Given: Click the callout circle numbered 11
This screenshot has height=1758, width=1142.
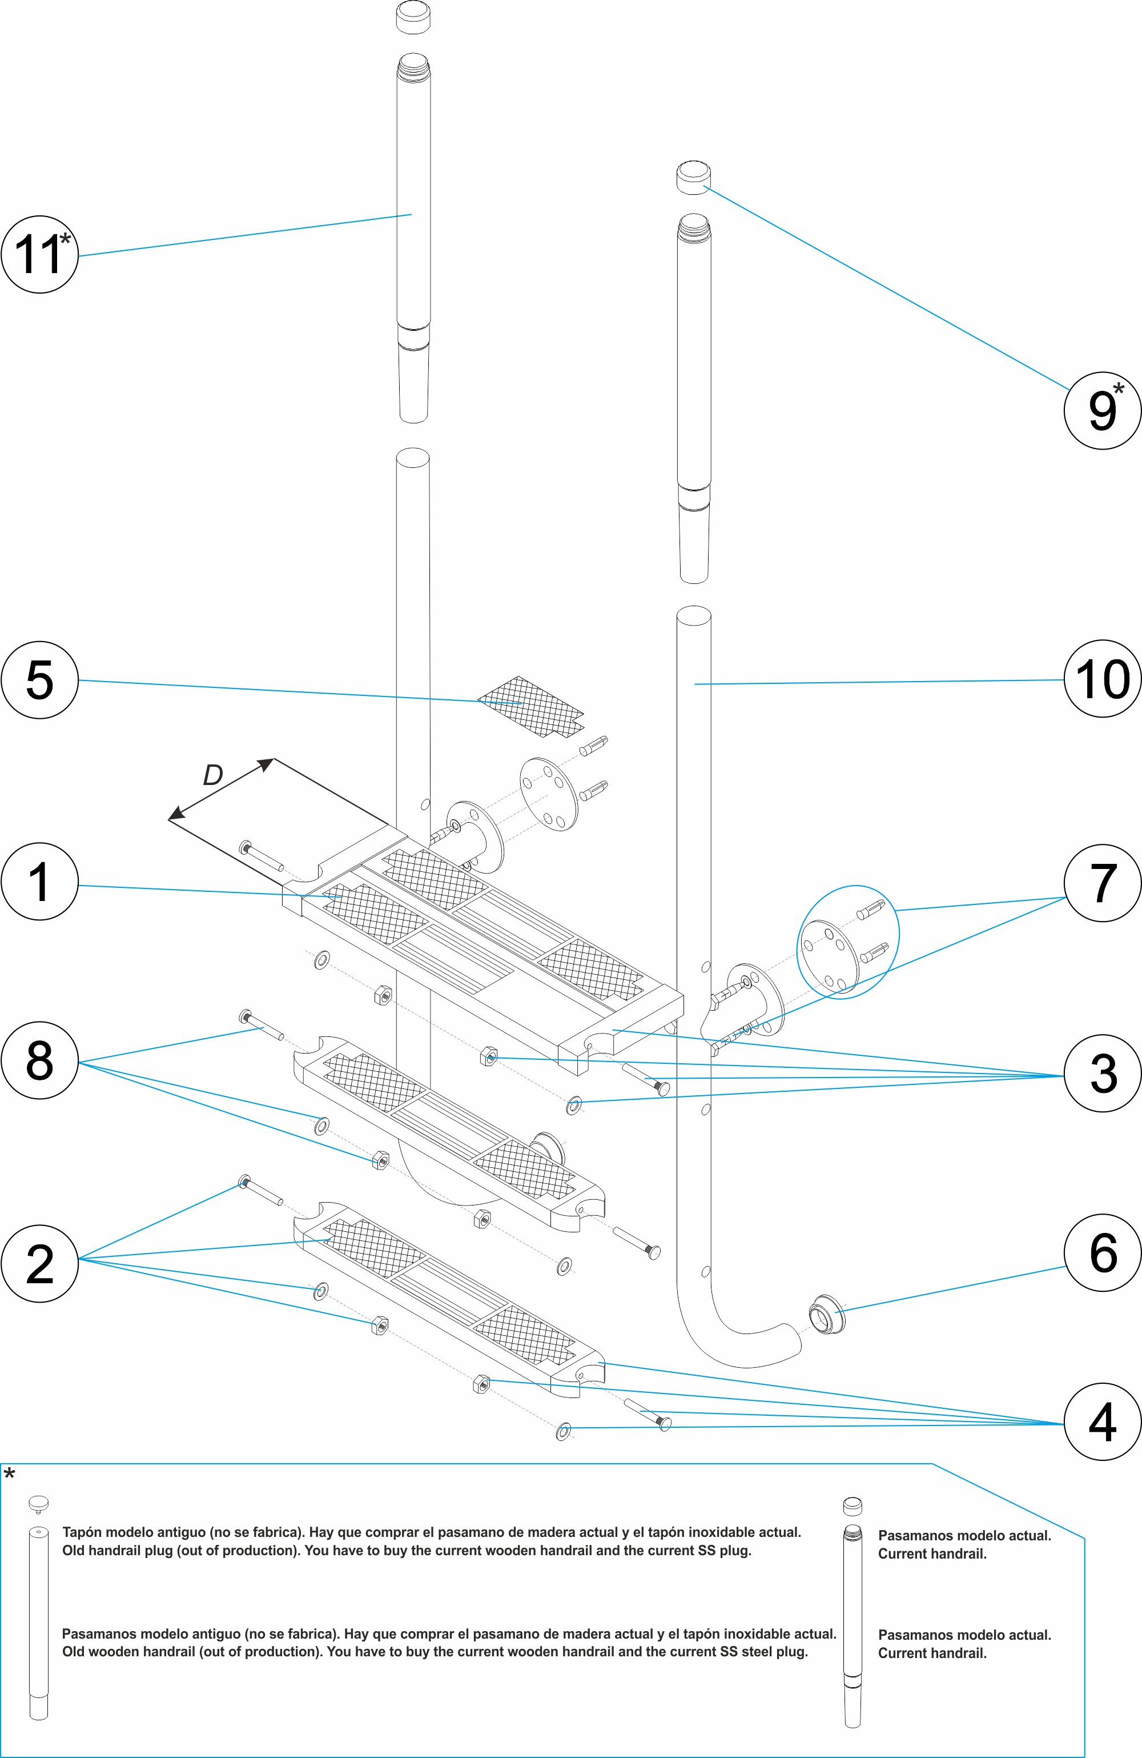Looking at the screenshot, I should click(39, 254).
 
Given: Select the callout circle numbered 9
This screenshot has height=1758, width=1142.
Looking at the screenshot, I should click(1102, 411).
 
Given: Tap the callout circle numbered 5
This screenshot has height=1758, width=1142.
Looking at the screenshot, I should click(39, 679).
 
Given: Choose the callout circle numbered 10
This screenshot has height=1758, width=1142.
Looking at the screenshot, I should click(1102, 679).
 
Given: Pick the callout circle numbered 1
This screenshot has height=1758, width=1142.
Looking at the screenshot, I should click(39, 882).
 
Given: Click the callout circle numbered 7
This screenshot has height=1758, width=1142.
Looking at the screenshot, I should click(1102, 883).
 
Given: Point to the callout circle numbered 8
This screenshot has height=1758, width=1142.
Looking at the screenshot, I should click(39, 1061).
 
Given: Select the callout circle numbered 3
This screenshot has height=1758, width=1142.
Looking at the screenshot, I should click(1102, 1074).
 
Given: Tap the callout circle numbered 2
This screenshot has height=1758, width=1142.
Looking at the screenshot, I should click(39, 1263).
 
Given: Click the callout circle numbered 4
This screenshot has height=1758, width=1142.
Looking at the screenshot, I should click(1102, 1422).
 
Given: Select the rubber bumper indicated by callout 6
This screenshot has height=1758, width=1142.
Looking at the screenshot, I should click(826, 1312).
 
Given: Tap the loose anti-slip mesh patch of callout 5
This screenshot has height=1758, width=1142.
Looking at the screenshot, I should click(530, 707).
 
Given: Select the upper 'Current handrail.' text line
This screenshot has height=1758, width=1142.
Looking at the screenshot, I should click(932, 1554).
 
